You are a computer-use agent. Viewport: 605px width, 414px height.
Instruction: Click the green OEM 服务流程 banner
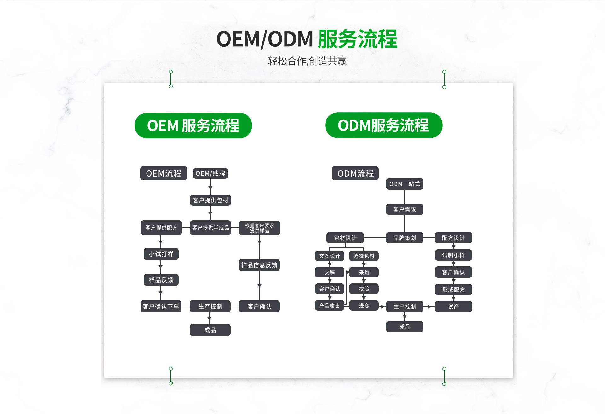(193, 125)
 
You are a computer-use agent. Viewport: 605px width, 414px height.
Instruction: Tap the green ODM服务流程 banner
(383, 125)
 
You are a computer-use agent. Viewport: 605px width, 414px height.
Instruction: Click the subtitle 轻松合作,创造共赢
(307, 61)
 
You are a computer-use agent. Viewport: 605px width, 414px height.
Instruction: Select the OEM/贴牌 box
(210, 173)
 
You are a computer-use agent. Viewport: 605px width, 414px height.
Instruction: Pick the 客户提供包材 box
(210, 200)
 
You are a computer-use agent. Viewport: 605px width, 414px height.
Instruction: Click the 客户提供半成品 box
(210, 228)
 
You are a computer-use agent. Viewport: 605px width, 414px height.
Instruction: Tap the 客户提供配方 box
(161, 228)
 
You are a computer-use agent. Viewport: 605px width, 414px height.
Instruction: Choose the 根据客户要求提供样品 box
(259, 228)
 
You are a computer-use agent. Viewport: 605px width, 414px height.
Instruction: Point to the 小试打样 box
(161, 254)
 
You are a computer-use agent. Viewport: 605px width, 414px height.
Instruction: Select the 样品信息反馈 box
(259, 265)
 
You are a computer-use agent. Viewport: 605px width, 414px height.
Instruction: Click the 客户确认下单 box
(161, 306)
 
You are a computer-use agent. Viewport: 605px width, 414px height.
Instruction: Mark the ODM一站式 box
(405, 184)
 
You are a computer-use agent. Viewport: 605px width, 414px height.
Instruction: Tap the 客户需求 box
(405, 209)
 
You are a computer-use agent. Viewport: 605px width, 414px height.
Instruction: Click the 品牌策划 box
(405, 238)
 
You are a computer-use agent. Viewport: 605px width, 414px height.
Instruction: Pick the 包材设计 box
(345, 238)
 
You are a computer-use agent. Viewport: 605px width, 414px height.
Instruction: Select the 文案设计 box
(329, 256)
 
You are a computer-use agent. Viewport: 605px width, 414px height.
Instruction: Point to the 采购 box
(364, 272)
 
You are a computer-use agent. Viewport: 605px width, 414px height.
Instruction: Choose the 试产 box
(453, 306)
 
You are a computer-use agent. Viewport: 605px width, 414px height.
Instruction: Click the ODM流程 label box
(355, 173)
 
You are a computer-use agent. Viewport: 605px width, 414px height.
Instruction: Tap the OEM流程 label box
(164, 173)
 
